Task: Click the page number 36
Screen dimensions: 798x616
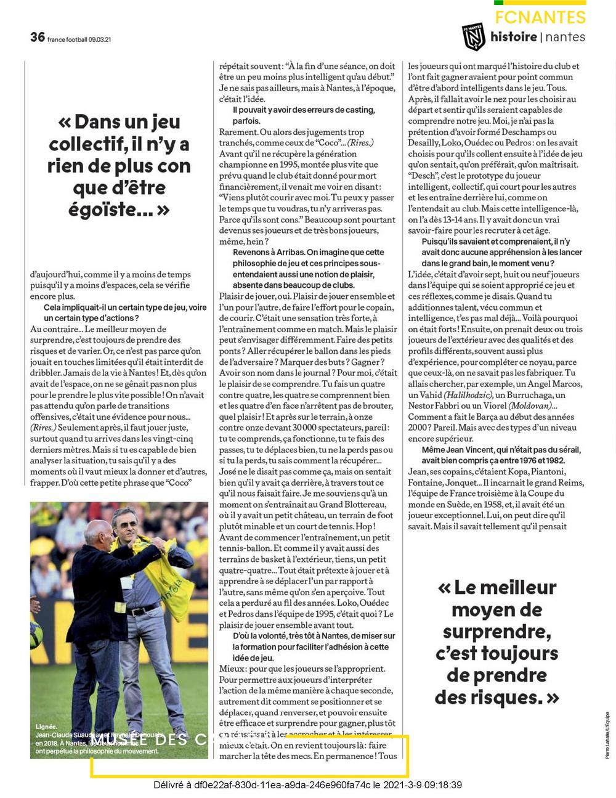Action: click(37, 37)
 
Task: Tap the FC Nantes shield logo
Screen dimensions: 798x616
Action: click(474, 37)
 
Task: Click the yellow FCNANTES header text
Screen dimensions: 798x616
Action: click(540, 17)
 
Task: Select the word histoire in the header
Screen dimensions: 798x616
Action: click(513, 37)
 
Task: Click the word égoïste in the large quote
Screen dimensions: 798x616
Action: click(119, 210)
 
